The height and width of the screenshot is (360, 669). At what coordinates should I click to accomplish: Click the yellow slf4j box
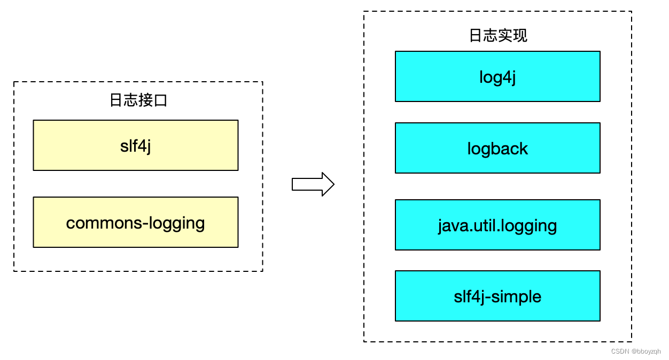coord(135,145)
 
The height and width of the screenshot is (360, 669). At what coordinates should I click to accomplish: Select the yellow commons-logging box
coord(135,222)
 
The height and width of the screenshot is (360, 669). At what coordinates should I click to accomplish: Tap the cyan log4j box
coord(497,76)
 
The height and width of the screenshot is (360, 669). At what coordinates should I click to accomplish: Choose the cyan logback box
coord(497,148)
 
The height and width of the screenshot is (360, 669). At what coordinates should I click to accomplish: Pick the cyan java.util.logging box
coord(497,225)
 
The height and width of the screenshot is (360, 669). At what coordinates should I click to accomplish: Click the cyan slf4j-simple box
coord(497,296)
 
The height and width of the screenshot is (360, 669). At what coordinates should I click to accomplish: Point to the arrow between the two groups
coord(313,184)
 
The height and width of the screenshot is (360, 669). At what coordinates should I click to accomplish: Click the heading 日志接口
coord(138,100)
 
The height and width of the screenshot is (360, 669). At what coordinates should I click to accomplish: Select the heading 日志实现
coord(498,35)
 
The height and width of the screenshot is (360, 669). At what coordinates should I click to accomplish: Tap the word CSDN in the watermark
coord(619,351)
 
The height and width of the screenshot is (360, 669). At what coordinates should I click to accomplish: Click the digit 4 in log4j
coord(505,77)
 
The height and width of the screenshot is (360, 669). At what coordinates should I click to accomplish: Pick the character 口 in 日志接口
coord(160,100)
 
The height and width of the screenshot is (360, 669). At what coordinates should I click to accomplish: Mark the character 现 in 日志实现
coord(520,35)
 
